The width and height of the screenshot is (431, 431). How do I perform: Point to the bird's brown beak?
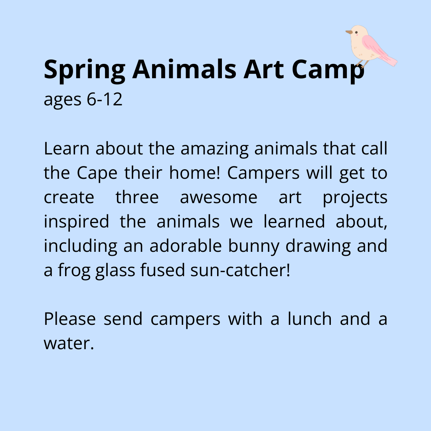point(349,32)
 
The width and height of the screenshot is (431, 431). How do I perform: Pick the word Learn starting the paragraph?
point(66,149)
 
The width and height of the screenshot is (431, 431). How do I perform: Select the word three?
point(137,198)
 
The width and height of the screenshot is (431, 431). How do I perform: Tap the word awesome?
point(218,198)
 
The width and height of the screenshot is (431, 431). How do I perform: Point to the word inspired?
point(76,222)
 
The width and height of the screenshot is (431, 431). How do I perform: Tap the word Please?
point(69,319)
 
